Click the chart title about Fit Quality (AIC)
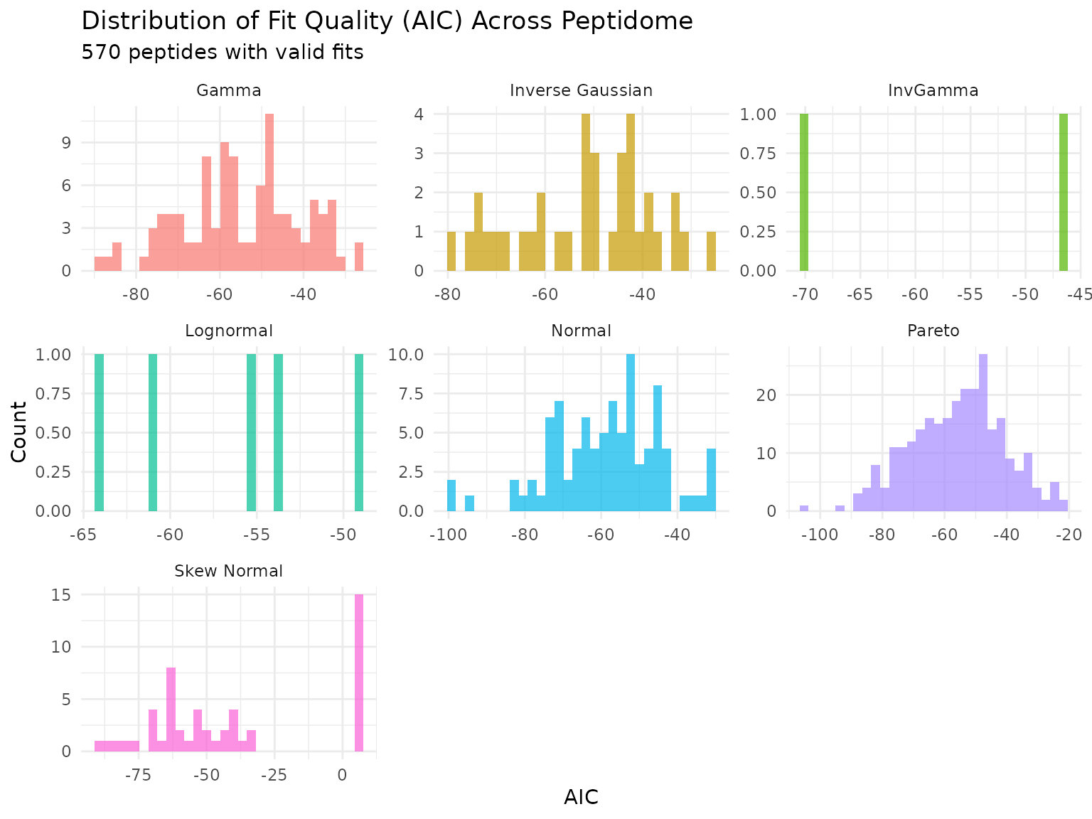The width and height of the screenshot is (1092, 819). (x=387, y=21)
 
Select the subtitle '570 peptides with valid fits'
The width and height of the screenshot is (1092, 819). (x=223, y=53)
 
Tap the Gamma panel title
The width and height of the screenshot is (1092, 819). (x=228, y=90)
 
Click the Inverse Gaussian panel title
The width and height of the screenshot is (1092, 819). (x=581, y=90)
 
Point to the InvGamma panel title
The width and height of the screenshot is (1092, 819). (x=933, y=90)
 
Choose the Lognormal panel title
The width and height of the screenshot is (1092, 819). (x=228, y=331)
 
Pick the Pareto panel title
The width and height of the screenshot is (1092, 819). (x=933, y=331)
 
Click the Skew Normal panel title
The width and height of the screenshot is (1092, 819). (x=228, y=571)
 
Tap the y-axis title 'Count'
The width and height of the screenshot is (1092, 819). (x=19, y=432)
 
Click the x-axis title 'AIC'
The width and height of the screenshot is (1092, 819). (x=581, y=798)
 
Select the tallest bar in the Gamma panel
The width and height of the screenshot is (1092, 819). (x=269, y=192)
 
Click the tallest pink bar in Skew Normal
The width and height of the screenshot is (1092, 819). (x=359, y=673)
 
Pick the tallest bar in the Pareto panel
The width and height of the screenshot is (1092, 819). (x=983, y=432)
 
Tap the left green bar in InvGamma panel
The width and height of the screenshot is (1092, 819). (x=804, y=192)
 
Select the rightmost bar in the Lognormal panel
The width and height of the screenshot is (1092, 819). (x=359, y=432)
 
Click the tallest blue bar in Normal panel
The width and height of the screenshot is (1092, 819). (x=631, y=432)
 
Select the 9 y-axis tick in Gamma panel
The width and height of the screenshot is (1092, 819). (x=67, y=142)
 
